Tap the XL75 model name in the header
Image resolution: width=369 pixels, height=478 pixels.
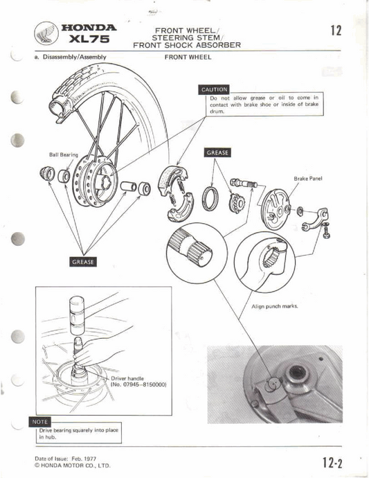click(89, 41)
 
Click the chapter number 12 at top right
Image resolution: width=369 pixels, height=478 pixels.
click(336, 30)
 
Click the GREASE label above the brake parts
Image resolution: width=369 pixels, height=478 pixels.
click(217, 152)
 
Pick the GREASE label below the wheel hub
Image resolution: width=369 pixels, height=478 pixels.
click(84, 261)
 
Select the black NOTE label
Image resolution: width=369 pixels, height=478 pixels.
click(40, 421)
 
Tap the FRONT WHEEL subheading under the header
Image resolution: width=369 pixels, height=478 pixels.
click(188, 58)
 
